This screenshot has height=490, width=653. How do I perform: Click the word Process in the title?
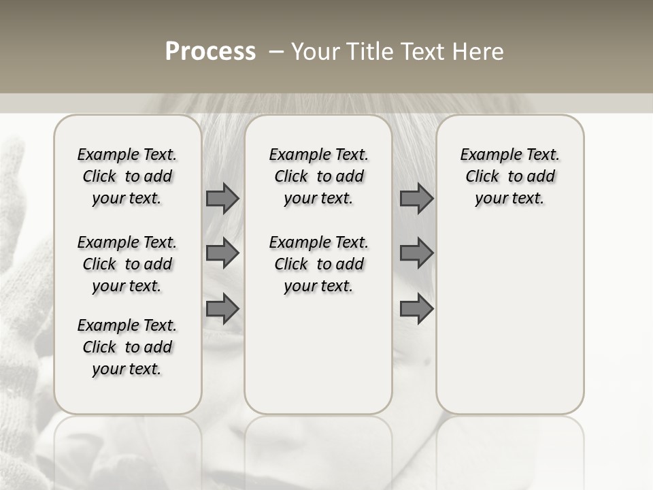point(210,52)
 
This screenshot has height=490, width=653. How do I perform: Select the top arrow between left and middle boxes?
point(222,198)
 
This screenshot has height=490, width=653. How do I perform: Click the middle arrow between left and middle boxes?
point(222,253)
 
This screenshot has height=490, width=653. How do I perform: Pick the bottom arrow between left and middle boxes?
point(222,309)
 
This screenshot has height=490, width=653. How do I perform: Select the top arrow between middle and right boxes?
point(416,198)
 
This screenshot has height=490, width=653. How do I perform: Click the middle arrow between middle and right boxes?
point(416,253)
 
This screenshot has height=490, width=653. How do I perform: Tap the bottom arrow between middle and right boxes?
point(416,309)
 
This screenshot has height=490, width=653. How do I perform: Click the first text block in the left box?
point(127,176)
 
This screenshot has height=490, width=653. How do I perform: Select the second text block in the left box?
point(127,264)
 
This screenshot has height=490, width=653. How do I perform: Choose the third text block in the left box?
point(127,347)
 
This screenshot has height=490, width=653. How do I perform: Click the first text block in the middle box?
point(318,176)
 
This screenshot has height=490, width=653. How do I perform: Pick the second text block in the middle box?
point(318,264)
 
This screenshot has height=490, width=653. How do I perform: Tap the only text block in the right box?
point(509,176)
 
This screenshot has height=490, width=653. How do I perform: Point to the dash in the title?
point(275,52)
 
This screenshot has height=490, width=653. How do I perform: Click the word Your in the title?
point(315,52)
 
